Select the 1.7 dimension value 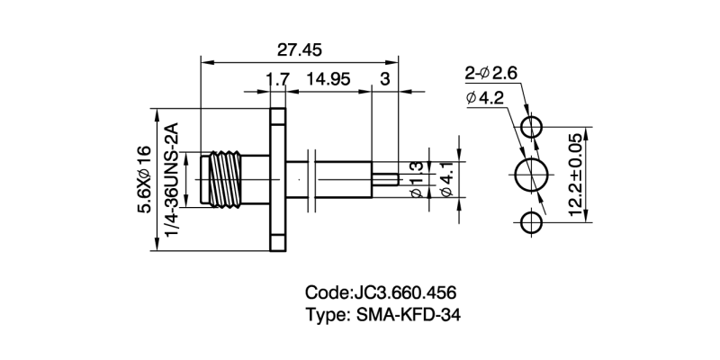[x=276, y=79]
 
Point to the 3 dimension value [x=384, y=79]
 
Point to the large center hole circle [x=533, y=174]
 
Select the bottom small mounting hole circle [x=533, y=221]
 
